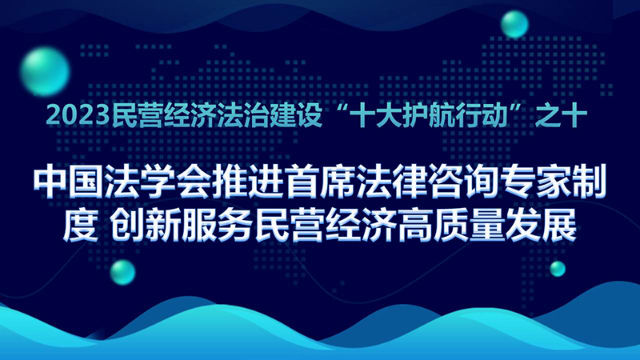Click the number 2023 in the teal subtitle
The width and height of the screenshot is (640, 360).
pyautogui.click(x=78, y=114)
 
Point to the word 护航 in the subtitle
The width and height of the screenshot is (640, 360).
pyautogui.click(x=418, y=114)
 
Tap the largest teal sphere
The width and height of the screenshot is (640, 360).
pyautogui.click(x=45, y=71)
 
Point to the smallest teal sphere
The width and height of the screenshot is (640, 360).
pyautogui.click(x=558, y=269)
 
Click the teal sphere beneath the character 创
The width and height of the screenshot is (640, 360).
pyautogui.click(x=122, y=272)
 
